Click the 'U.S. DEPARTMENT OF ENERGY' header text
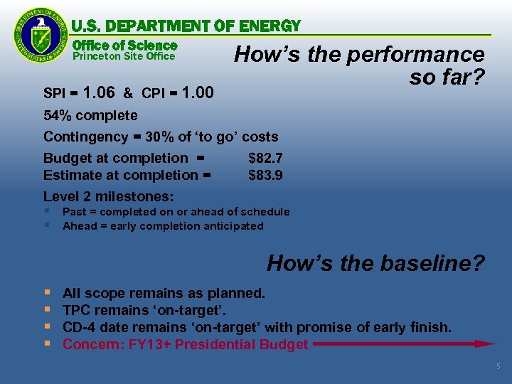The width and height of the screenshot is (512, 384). coord(186,26)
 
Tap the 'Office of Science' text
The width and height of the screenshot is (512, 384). coord(124,45)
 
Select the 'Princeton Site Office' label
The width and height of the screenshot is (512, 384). coord(124,56)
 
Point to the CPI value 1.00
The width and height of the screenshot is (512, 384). coord(198,92)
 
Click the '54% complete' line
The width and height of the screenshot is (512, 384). coord(90,115)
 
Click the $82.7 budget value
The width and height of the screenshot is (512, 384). coord(265,158)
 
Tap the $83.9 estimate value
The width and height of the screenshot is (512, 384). coord(265,175)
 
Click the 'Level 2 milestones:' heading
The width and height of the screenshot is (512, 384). coord(109,196)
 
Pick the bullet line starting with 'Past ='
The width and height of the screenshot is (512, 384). coord(176,212)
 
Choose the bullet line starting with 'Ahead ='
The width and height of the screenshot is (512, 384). coord(163,226)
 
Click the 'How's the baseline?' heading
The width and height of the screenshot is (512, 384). coord(375,264)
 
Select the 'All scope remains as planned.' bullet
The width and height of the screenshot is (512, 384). coord(164,293)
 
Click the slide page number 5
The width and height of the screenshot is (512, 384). coord(498,366)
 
